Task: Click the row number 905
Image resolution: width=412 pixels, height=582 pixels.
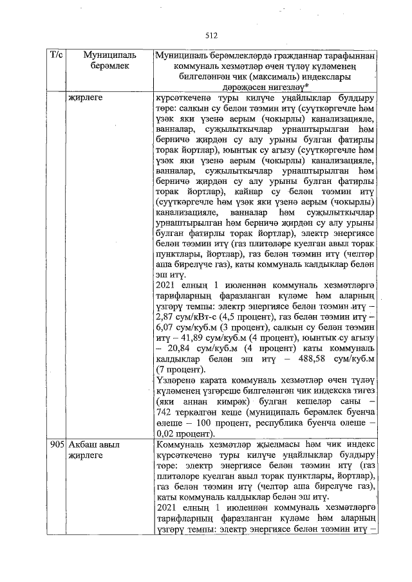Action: [x=57, y=444]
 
